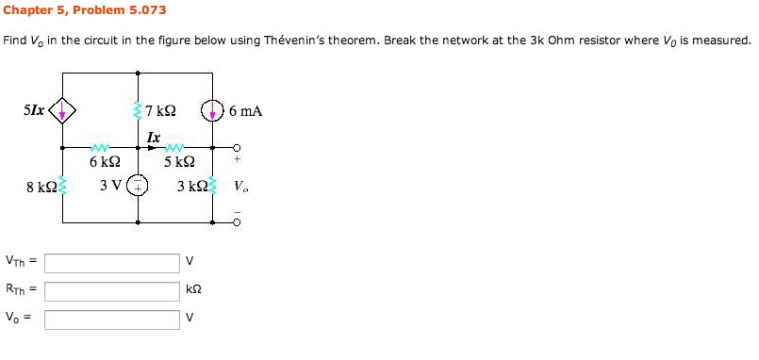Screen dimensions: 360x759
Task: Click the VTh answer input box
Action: (111, 263)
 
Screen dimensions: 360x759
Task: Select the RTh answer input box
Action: (111, 290)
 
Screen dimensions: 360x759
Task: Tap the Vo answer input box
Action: (111, 319)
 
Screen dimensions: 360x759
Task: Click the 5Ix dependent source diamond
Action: (63, 112)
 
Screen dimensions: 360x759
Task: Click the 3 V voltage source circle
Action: (139, 186)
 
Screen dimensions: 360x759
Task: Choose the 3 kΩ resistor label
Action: (191, 186)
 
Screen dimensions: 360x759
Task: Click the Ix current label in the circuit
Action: (153, 137)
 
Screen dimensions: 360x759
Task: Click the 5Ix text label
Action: (33, 110)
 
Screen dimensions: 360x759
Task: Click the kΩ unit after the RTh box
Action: (193, 291)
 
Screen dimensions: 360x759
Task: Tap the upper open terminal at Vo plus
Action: (238, 148)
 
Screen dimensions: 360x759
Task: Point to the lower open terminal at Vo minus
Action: (238, 222)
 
